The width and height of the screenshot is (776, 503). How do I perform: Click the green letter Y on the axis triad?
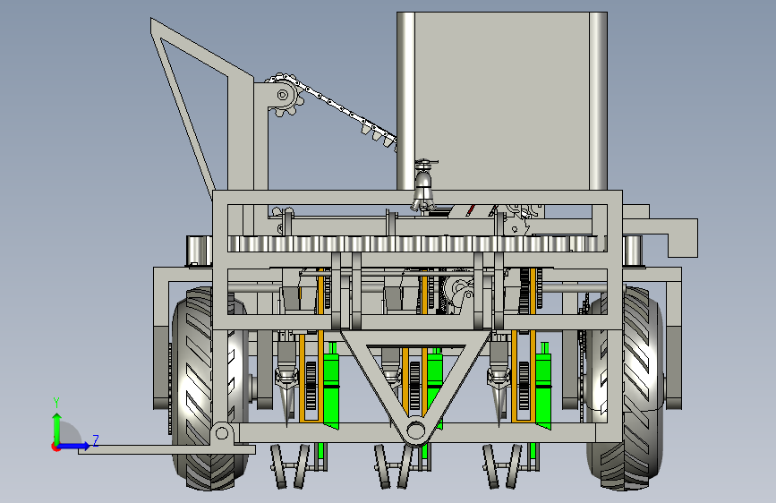click(56, 402)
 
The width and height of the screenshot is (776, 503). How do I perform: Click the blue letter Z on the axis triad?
click(96, 440)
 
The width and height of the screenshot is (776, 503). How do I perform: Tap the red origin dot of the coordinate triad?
click(55, 447)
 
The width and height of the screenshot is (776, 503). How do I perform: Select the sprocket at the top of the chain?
click(284, 95)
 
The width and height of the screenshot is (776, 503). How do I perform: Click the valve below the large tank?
click(424, 185)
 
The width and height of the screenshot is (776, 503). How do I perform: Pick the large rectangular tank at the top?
click(502, 101)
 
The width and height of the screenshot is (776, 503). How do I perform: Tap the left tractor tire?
click(208, 388)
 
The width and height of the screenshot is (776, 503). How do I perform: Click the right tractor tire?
click(625, 388)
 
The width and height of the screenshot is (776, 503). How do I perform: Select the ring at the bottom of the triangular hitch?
click(415, 431)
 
